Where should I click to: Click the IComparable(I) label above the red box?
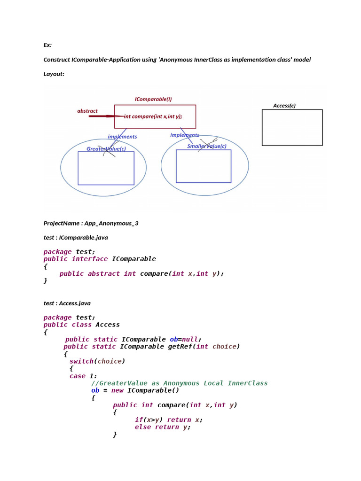click(x=153, y=99)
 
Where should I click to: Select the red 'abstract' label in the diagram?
click(x=87, y=111)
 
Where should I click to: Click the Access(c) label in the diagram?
click(x=284, y=106)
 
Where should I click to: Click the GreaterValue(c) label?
click(x=106, y=149)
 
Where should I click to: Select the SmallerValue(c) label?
click(x=207, y=146)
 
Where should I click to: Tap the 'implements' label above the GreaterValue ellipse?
click(x=122, y=137)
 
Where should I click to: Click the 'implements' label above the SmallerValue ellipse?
click(x=184, y=135)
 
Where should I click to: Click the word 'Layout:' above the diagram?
click(x=54, y=74)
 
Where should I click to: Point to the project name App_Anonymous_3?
click(x=111, y=223)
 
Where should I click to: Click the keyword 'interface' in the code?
click(x=90, y=259)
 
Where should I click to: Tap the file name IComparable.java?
click(x=84, y=237)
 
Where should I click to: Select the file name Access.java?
click(x=75, y=303)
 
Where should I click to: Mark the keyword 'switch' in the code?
click(x=81, y=361)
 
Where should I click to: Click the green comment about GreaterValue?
click(x=179, y=383)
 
